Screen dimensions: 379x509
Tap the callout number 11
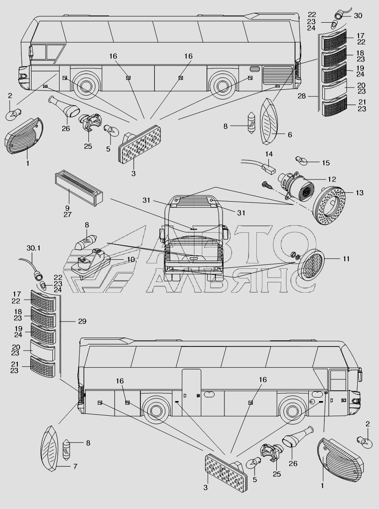coord(346,259)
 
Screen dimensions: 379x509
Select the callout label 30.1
coord(33,248)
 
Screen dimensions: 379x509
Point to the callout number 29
coord(82,322)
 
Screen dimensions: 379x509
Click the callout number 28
coord(302,96)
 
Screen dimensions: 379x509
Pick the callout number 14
coord(269,154)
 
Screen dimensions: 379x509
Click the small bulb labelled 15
coord(300,160)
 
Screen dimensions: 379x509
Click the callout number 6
coord(290,135)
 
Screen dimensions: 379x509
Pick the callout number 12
coord(331,179)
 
